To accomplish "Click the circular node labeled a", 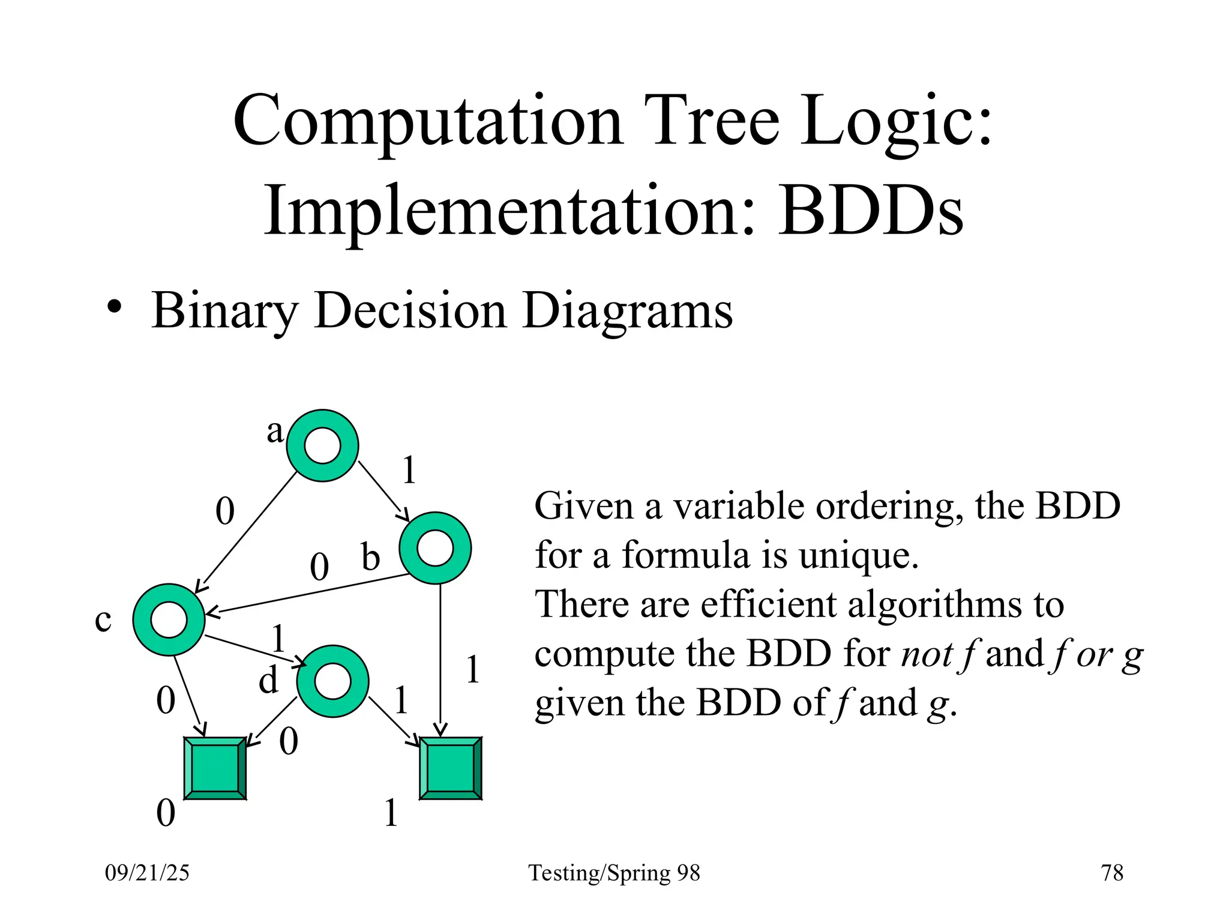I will (322, 445).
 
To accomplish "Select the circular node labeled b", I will (435, 547).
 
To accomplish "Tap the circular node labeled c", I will (169, 619).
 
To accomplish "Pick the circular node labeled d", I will (332, 681).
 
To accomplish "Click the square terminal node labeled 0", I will (215, 768).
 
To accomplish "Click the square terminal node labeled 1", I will (450, 768).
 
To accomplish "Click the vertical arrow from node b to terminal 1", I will (440, 660).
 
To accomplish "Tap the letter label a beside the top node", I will (275, 431).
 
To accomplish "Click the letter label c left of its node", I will (103, 620).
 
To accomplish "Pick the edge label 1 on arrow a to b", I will (409, 469).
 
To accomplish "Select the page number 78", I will (1112, 872).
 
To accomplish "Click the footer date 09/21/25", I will (147, 872).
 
